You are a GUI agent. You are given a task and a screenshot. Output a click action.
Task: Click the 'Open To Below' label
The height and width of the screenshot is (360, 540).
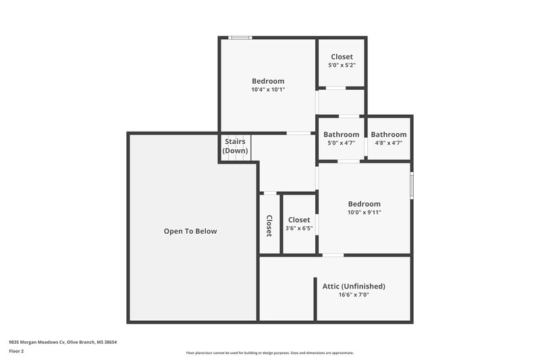190,231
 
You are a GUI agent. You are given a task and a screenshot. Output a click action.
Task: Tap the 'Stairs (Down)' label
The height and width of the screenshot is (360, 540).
236,146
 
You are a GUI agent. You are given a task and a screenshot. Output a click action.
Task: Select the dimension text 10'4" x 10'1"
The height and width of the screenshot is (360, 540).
268,89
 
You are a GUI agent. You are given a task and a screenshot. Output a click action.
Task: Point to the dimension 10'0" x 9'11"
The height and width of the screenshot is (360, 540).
364,212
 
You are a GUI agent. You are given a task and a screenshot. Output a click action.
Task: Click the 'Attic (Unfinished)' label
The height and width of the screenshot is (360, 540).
354,286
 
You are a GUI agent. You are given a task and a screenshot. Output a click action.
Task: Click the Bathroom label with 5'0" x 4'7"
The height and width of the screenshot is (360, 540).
341,134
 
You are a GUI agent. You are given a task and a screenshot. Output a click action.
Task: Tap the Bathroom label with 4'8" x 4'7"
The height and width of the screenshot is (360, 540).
389,134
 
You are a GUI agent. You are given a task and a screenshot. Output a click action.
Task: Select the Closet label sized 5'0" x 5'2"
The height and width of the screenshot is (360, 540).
342,57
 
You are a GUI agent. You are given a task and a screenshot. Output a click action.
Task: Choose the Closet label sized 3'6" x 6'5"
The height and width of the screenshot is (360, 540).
299,220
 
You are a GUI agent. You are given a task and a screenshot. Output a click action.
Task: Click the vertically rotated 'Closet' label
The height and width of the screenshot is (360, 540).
269,226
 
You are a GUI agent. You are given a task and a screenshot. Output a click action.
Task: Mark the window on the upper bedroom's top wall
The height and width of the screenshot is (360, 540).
240,38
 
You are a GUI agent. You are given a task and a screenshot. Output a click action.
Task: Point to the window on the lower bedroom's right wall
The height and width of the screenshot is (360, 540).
411,186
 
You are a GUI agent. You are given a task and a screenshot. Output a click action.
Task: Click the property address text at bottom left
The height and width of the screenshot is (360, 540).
63,342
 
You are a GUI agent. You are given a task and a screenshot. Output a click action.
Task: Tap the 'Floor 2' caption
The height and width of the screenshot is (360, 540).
16,351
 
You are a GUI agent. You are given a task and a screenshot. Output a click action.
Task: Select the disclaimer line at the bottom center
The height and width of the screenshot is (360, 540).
269,353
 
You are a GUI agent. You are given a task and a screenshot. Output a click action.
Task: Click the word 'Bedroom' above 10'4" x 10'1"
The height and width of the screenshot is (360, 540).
268,81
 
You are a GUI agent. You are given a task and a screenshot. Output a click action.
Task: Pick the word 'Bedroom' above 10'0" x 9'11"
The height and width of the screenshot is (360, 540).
364,204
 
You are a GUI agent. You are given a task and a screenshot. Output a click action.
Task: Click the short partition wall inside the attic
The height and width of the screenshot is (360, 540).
315,299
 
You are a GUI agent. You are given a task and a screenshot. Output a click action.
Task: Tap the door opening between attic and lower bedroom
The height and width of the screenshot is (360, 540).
332,255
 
